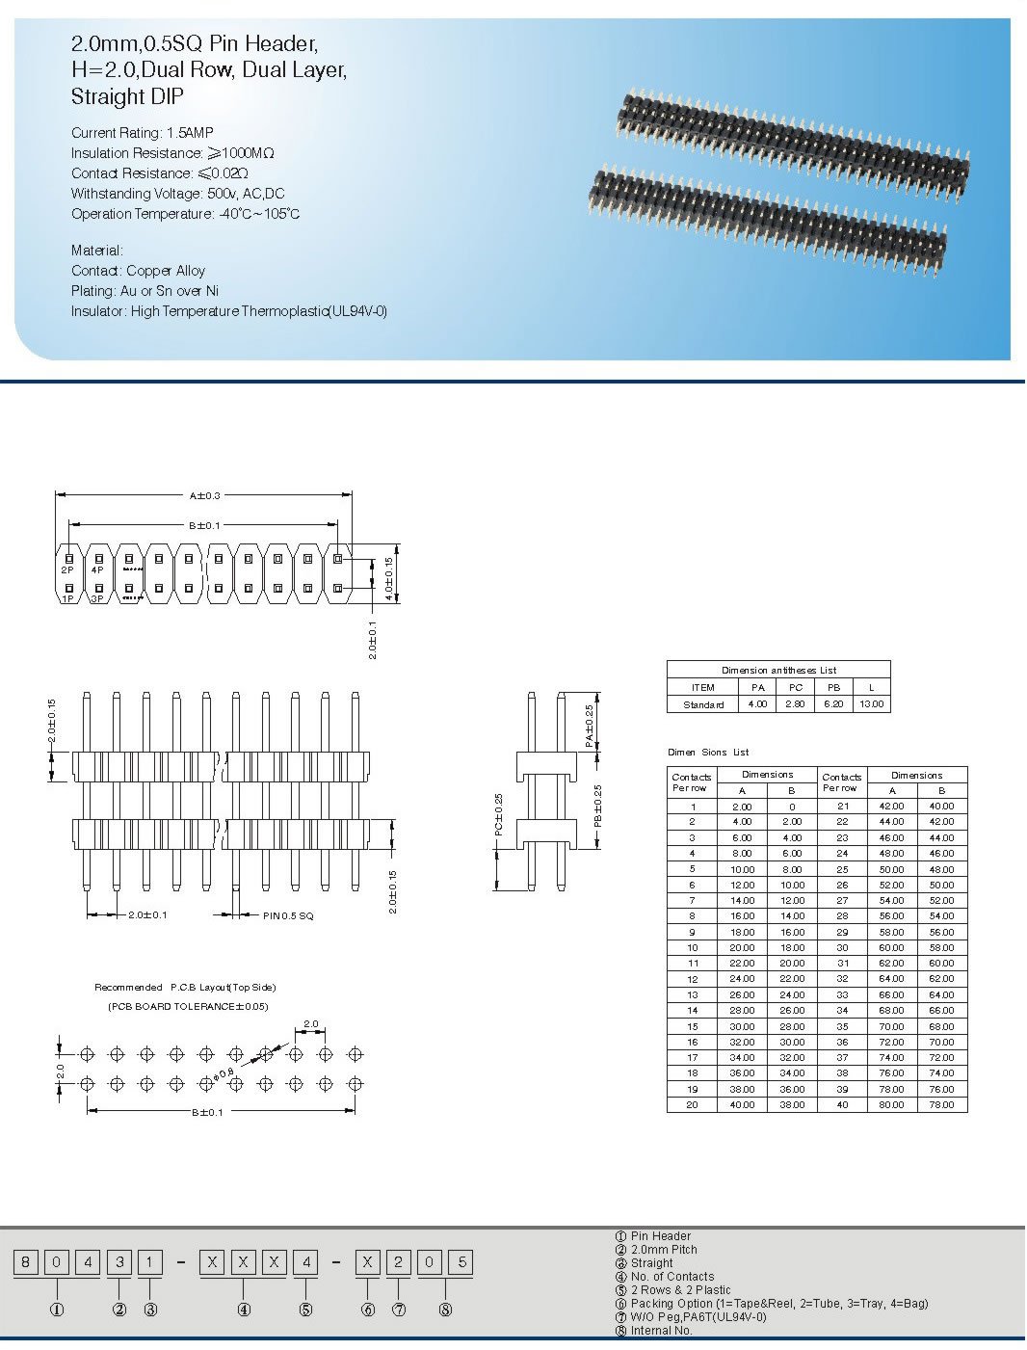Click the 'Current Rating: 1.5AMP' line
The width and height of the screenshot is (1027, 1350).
click(143, 133)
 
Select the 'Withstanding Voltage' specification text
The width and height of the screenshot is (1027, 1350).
click(177, 194)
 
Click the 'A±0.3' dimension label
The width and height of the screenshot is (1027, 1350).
click(204, 495)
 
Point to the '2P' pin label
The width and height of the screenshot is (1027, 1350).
click(67, 570)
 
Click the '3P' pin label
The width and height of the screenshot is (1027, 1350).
click(97, 599)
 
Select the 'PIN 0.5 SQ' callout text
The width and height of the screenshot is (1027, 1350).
click(288, 915)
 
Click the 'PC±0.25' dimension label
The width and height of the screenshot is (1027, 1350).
click(499, 814)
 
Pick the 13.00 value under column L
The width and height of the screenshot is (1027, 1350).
click(871, 704)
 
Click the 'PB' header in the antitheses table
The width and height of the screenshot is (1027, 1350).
click(834, 688)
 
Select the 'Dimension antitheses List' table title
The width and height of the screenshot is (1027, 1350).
click(778, 670)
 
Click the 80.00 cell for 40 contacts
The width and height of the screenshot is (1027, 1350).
click(892, 1105)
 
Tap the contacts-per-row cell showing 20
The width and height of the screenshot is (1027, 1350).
click(692, 1105)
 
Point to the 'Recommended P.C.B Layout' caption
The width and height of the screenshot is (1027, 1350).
click(185, 988)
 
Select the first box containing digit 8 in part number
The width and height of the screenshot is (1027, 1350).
click(27, 1262)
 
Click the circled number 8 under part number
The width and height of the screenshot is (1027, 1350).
click(445, 1310)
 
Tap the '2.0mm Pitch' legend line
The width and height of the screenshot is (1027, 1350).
click(664, 1250)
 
